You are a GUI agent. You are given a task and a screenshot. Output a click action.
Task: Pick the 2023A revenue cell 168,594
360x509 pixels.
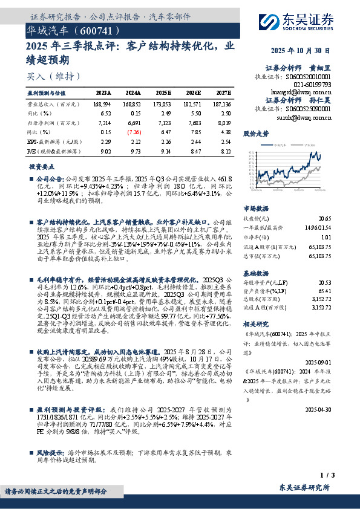(x=102, y=105)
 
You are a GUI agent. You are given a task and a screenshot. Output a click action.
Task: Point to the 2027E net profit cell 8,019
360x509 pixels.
(x=221, y=122)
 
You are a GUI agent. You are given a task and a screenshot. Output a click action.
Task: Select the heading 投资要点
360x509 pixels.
(x=41, y=166)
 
